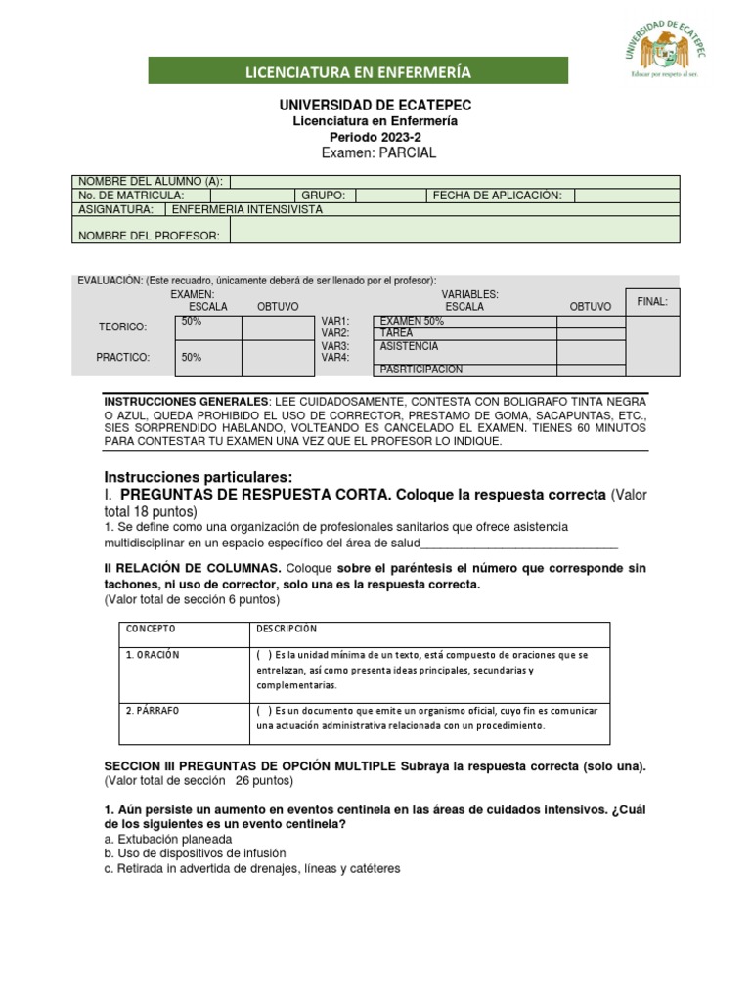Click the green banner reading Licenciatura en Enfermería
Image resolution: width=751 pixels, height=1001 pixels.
(x=358, y=71)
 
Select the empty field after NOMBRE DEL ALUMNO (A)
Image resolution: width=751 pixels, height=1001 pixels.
(x=454, y=181)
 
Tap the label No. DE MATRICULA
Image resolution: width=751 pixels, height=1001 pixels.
(x=131, y=196)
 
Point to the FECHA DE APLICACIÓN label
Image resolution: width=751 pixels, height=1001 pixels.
(x=498, y=196)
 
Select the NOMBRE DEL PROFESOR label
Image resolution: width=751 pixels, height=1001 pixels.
(x=151, y=236)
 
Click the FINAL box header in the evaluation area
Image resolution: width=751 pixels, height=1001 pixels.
(x=652, y=302)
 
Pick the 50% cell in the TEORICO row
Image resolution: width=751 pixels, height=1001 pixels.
(x=207, y=326)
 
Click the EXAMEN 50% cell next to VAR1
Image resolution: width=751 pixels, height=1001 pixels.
(x=464, y=322)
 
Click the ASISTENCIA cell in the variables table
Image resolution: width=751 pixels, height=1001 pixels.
(x=464, y=346)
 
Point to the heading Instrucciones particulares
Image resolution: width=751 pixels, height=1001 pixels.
(x=199, y=476)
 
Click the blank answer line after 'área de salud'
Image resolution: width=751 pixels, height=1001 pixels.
(x=519, y=544)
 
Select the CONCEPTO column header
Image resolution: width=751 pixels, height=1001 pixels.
(x=150, y=629)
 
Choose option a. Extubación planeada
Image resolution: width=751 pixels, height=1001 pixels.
(x=167, y=839)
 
